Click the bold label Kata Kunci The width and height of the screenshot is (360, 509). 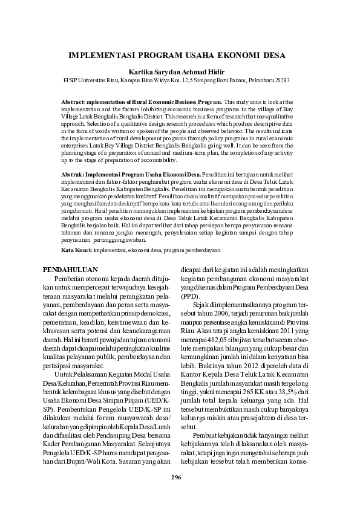(77, 250)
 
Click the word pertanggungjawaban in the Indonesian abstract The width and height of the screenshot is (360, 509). (117, 239)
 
